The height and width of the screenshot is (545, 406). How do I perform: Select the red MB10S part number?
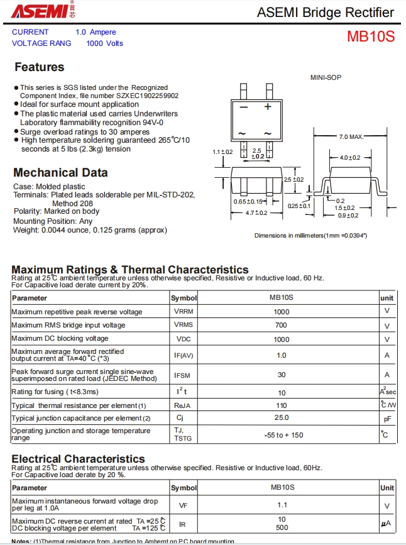(371, 36)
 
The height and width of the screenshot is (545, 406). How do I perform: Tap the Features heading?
(39, 67)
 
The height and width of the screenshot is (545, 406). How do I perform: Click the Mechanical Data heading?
(60, 173)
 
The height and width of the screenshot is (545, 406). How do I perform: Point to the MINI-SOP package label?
(326, 77)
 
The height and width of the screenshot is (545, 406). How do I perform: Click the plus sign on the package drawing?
(268, 107)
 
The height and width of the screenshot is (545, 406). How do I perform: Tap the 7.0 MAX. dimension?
(351, 136)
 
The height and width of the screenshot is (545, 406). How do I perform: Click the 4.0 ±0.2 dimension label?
(350, 157)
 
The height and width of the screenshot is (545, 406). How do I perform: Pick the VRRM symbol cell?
(184, 312)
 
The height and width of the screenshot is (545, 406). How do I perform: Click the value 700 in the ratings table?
(281, 325)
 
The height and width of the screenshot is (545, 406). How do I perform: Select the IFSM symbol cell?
(184, 375)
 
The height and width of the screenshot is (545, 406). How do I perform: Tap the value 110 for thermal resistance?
(281, 405)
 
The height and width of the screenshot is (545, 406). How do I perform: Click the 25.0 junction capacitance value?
(281, 418)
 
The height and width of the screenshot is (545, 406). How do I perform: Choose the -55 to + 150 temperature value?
(283, 435)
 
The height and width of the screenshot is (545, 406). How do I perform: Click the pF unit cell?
(387, 419)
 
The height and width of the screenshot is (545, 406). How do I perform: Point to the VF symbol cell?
(183, 505)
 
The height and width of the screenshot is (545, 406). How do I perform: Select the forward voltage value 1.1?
(282, 505)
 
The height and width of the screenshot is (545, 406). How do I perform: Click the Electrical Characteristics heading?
(78, 459)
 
